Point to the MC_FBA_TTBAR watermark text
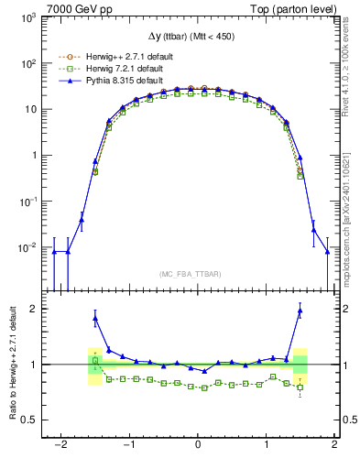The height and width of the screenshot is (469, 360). coord(197,274)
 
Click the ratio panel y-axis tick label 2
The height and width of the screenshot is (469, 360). coord(32,309)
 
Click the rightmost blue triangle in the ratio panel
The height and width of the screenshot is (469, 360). coord(300,311)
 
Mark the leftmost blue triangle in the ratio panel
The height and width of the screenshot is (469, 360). coord(95,318)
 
